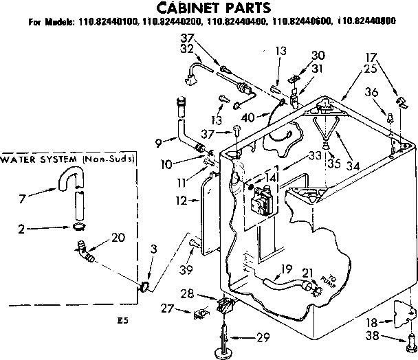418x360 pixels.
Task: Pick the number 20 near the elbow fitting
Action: tap(118, 237)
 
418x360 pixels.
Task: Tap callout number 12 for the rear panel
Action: tap(181, 201)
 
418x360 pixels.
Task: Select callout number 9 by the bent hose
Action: tap(158, 143)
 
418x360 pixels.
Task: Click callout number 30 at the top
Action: tap(318, 55)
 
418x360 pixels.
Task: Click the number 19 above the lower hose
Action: tap(287, 269)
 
